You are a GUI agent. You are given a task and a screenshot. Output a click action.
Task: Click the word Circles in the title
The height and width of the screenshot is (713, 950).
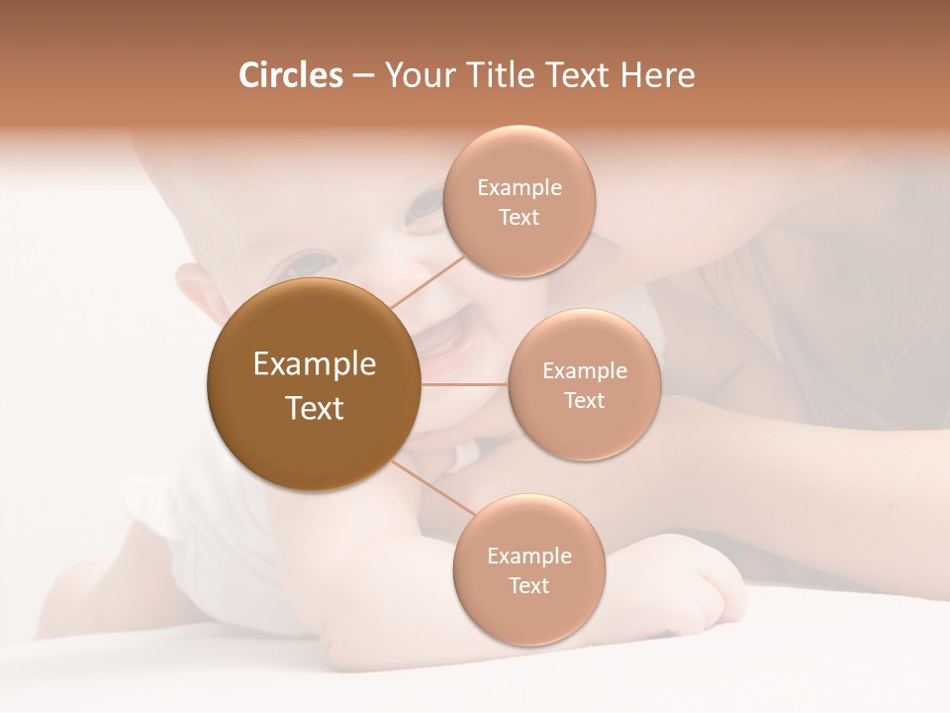tap(290, 75)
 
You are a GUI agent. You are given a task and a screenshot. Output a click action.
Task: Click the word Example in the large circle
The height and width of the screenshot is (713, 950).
tap(315, 364)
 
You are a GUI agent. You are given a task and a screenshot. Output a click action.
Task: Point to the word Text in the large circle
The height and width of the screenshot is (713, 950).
tap(315, 408)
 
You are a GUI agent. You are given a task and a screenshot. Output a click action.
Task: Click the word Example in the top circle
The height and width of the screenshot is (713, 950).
tap(520, 188)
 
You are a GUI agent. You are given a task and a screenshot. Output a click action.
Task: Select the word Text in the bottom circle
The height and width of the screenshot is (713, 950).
tap(528, 585)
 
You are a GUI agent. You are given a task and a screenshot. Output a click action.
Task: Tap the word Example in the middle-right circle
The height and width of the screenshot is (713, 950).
tap(585, 371)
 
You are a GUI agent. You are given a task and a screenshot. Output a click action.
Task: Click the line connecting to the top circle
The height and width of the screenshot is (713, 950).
tap(427, 281)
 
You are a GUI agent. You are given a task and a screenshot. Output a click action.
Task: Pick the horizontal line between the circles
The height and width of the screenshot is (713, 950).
tap(464, 384)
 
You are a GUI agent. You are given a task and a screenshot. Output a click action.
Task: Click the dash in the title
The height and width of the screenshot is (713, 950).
tap(362, 76)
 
